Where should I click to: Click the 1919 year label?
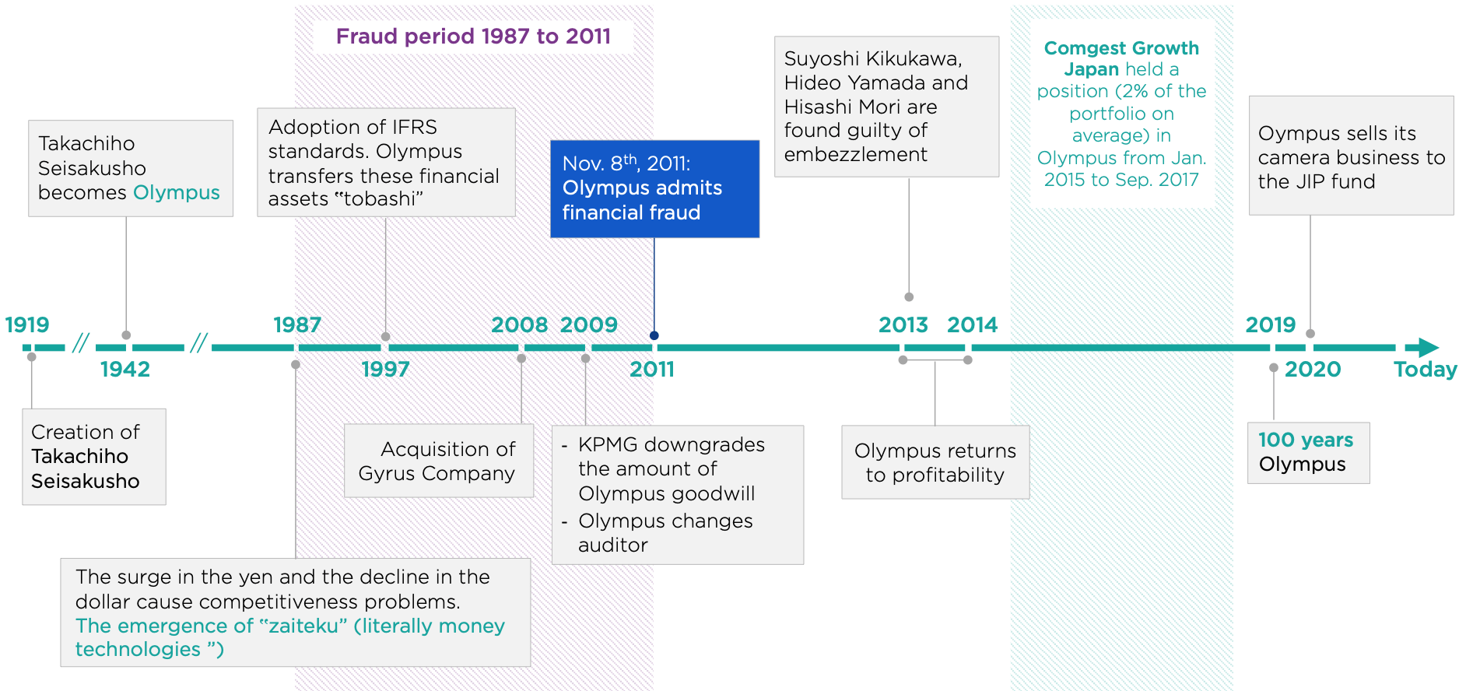[x=27, y=324]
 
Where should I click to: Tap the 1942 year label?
[x=125, y=369]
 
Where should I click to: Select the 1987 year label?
[x=297, y=324]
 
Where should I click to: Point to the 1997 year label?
[x=385, y=369]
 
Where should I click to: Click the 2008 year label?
[x=520, y=324]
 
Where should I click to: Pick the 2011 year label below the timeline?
[x=652, y=369]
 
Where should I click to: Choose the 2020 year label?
[x=1313, y=369]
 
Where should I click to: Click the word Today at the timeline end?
[x=1426, y=369]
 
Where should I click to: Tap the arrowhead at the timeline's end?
[x=1428, y=347]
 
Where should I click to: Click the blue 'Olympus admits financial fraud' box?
[x=654, y=188]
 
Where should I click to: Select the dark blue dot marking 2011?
[x=654, y=335]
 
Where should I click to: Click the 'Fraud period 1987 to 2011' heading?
[x=473, y=37]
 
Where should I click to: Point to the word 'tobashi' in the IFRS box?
[x=379, y=199]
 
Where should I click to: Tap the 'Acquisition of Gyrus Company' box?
[x=439, y=461]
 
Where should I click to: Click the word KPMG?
[x=607, y=444]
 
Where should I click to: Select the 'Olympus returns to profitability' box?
[x=935, y=462]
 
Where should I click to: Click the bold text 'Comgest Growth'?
[x=1121, y=48]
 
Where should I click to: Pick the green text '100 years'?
[x=1306, y=440]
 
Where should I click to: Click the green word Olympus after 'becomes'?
[x=177, y=193]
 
